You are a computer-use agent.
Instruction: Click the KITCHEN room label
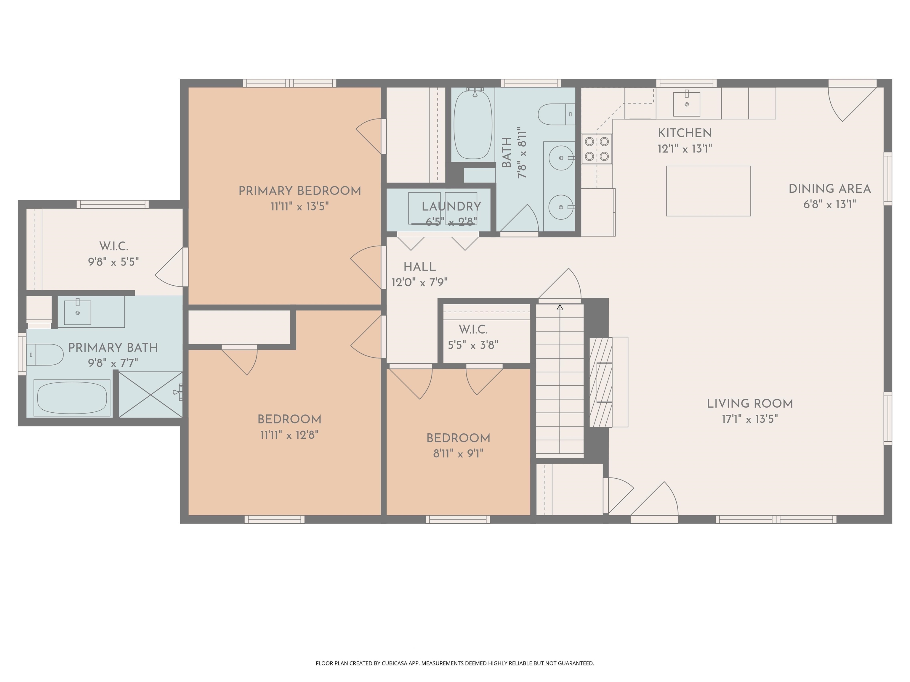tap(685, 133)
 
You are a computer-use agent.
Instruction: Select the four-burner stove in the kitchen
tap(597, 149)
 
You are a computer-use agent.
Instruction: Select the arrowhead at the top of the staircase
tap(560, 307)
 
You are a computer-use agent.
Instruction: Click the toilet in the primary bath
tap(45, 354)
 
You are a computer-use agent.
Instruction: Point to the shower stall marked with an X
tap(150, 395)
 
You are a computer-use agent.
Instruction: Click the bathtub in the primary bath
tap(72, 398)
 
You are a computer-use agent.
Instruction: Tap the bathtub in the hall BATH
tap(473, 125)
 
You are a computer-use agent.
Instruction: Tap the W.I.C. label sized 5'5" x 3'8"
tap(473, 330)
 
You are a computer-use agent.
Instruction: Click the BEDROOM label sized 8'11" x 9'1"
tap(458, 438)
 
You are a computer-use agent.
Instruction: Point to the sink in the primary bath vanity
tap(78, 312)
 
